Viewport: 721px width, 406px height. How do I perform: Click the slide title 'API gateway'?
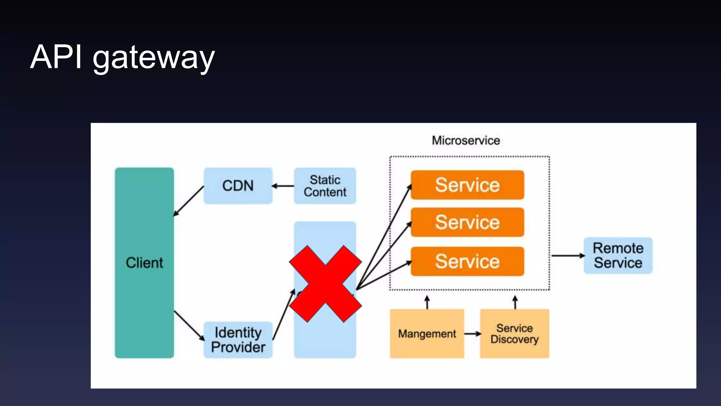point(122,57)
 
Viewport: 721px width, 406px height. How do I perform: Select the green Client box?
point(144,263)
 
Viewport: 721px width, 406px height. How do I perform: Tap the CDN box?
point(238,186)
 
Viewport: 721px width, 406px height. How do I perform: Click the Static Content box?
point(325,186)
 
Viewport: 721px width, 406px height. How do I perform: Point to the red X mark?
point(325,284)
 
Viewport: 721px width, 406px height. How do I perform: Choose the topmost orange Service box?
point(467,185)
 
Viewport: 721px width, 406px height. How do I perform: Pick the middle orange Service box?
point(467,222)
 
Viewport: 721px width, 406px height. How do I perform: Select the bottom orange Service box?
point(467,262)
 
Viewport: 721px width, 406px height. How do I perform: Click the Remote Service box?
point(618,256)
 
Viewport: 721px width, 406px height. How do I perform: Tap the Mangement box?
point(427,333)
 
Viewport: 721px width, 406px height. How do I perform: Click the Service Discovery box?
point(514,333)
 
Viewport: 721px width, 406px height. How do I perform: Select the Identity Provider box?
point(238,340)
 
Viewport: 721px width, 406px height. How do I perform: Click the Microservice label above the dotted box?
point(466,140)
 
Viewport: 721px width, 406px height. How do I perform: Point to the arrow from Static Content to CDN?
point(283,186)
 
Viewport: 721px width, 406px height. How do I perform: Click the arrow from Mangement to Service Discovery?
point(472,333)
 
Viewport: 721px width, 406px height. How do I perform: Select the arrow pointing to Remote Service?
point(568,256)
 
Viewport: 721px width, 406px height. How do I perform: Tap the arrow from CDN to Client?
point(189,201)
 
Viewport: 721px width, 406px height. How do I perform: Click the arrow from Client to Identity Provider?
point(189,325)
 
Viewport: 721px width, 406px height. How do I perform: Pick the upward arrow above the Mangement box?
point(427,302)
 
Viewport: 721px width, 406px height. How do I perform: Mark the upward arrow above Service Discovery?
point(515,302)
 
